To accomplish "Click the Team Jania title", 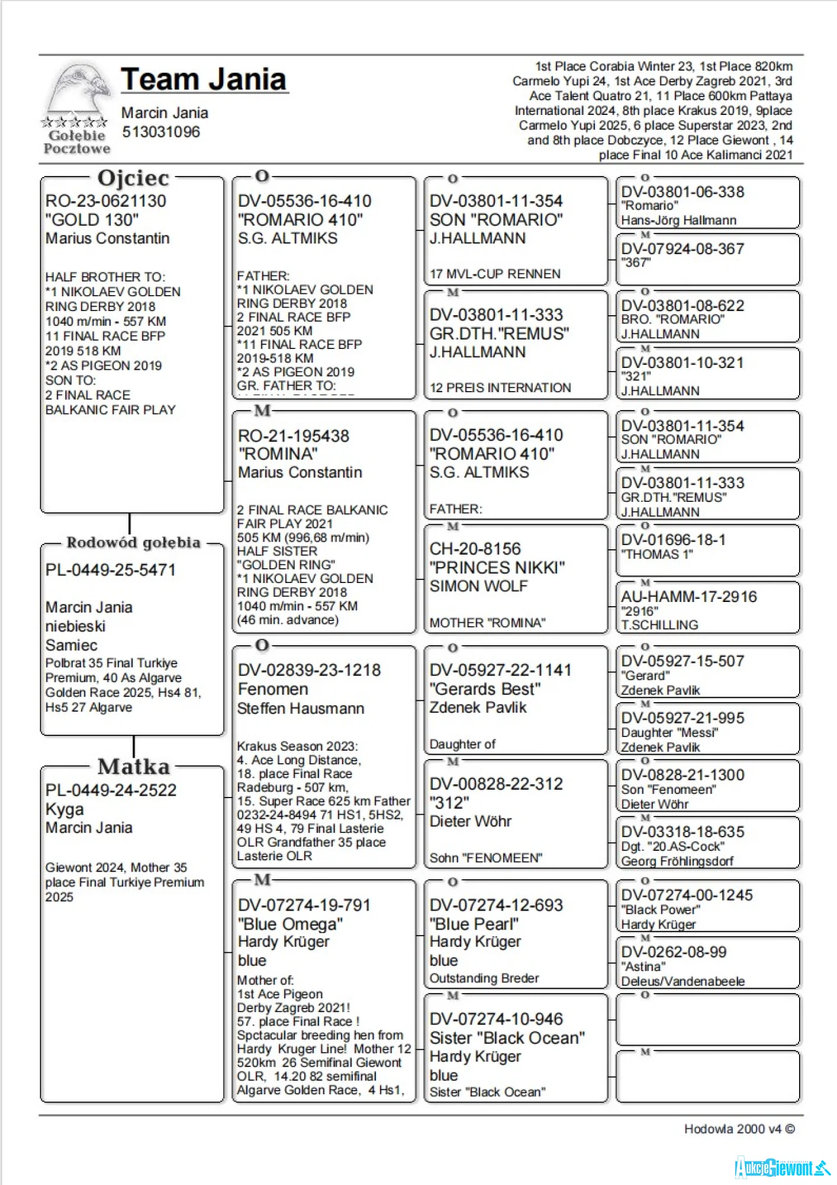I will tap(204, 79).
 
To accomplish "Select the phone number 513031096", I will tap(161, 132).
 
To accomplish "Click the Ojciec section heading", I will tap(133, 178).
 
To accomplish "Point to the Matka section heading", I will tap(133, 767).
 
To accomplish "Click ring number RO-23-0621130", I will tap(106, 201).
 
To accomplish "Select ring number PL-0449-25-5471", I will tap(111, 570).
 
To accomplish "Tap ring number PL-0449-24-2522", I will tap(111, 790).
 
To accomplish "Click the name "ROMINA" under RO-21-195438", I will tap(278, 454).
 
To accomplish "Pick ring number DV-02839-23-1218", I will tap(309, 671).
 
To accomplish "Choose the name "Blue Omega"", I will tap(290, 924).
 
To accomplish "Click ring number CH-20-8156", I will tap(475, 549).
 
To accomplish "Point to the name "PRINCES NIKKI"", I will tap(497, 568).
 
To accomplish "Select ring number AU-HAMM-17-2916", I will tap(688, 597).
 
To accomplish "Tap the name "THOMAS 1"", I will tap(657, 555).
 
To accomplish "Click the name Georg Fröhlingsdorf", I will tap(677, 861).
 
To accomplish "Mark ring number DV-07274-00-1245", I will tap(687, 895).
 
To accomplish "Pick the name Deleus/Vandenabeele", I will tap(683, 981).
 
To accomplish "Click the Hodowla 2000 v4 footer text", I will tap(739, 1129).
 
